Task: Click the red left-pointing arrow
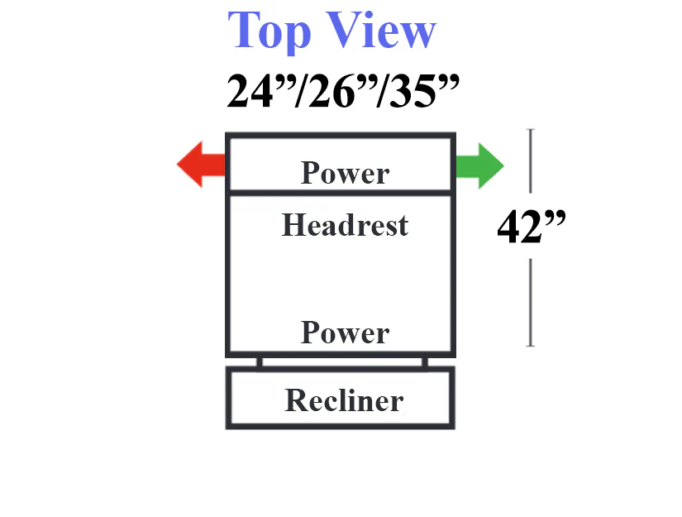pos(201,165)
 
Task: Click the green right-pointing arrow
pos(479,165)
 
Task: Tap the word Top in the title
pos(269,31)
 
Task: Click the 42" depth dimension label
pos(531,227)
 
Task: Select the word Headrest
pos(345,225)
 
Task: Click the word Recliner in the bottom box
pos(344,400)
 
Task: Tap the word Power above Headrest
pos(345,173)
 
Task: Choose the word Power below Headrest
pos(345,333)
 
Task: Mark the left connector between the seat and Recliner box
pos(260,362)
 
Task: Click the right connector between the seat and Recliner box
pos(425,362)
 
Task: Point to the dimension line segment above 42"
pos(530,161)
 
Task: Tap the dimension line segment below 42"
pos(531,303)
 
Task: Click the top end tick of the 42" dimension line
pos(530,129)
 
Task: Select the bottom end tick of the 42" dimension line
pos(531,346)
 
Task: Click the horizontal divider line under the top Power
pos(341,193)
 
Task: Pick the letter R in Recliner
pos(296,400)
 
